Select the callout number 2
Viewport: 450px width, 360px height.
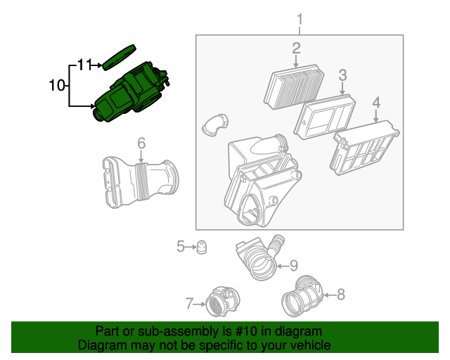[297, 48]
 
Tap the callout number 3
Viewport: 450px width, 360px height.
[342, 75]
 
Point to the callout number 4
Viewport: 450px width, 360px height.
[376, 103]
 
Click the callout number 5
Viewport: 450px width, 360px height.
[180, 246]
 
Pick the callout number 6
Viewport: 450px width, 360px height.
[141, 144]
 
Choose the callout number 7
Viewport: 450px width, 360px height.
[189, 304]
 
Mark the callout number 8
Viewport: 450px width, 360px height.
[341, 295]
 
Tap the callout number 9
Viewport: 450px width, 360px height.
[294, 265]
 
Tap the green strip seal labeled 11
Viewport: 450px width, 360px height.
[120, 56]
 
